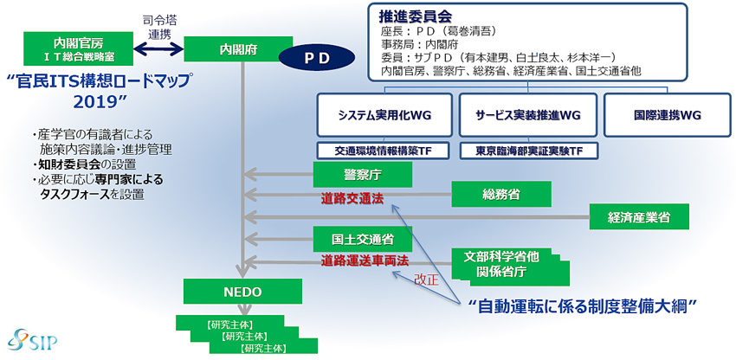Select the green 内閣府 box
[x=239, y=49]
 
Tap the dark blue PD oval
[x=317, y=58]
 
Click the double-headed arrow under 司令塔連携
[x=158, y=48]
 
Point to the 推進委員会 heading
[x=416, y=17]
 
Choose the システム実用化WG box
[x=384, y=115]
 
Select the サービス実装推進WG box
[x=528, y=115]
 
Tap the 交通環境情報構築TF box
[x=384, y=151]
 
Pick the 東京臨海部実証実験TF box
[x=529, y=151]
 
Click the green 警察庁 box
[x=362, y=175]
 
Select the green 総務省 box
[x=501, y=194]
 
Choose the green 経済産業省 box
[x=639, y=217]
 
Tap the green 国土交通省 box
[x=362, y=240]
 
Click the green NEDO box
[x=242, y=292]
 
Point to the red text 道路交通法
[x=352, y=199]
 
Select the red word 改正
[x=426, y=280]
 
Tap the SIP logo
[x=32, y=339]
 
